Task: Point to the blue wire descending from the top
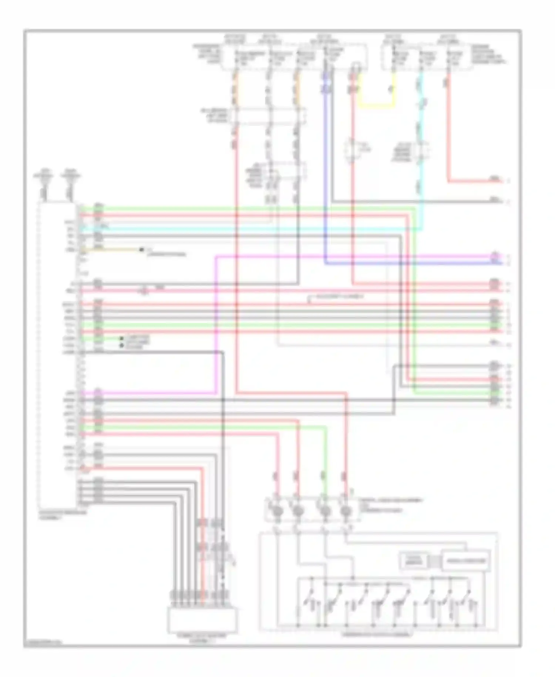tap(325, 167)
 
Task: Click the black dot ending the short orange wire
tap(141, 250)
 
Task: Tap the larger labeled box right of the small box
tap(465, 561)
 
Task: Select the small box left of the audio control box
tap(413, 561)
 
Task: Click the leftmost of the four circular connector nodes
tap(277, 512)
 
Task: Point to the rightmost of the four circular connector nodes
tap(346, 512)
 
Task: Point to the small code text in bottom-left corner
tap(43, 643)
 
